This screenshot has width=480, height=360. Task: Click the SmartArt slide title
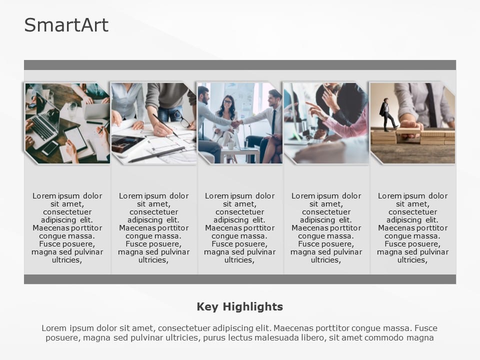click(x=66, y=25)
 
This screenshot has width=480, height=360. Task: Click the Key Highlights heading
click(x=239, y=306)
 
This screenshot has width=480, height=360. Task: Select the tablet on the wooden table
click(x=76, y=138)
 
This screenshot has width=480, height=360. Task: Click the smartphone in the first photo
click(x=50, y=148)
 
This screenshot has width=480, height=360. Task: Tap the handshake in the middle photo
click(x=236, y=123)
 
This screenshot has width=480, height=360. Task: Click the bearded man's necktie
click(x=273, y=122)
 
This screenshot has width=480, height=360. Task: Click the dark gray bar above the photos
click(x=239, y=65)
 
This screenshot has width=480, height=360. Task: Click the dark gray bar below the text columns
click(x=239, y=279)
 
